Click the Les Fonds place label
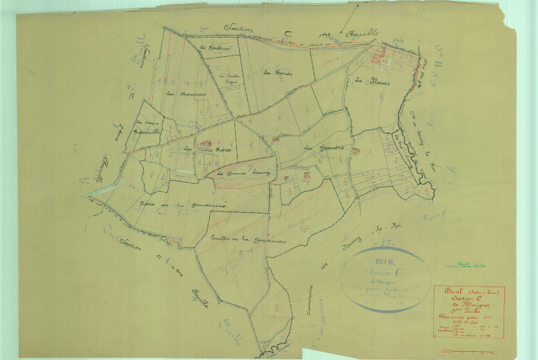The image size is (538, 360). (x=277, y=73)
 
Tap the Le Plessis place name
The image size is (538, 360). (x=370, y=80)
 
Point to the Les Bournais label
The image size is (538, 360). (x=181, y=94)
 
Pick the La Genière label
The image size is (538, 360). (x=323, y=148)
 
